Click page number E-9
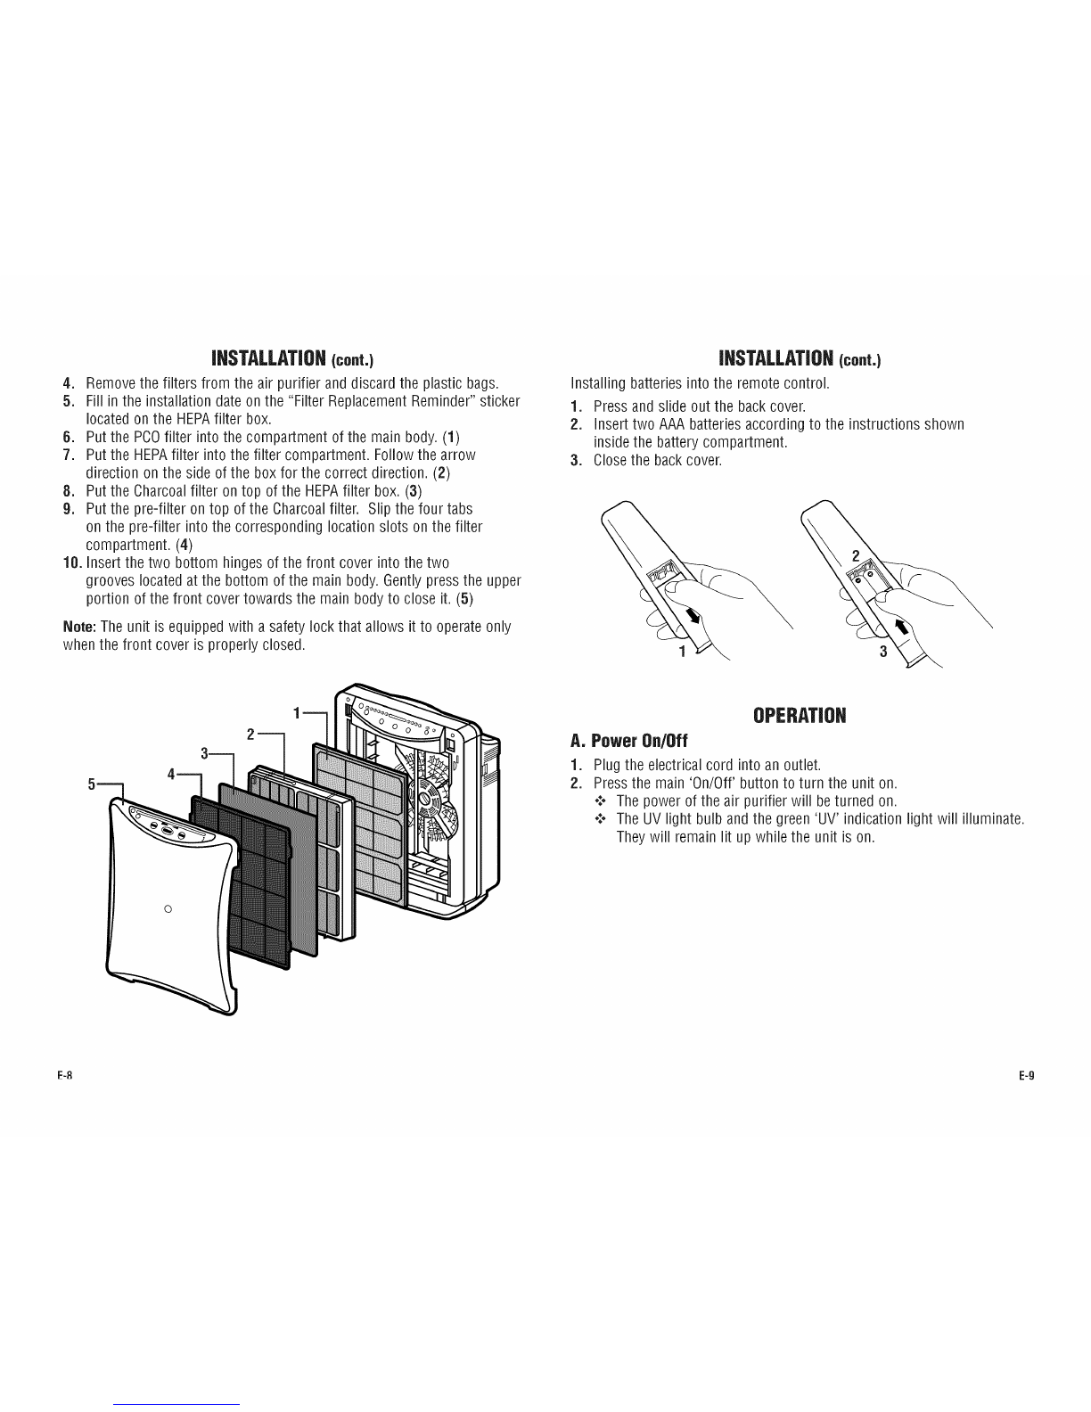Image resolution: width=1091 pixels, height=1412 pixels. pos(1026,1075)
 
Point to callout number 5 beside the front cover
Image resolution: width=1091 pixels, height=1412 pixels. pos(92,785)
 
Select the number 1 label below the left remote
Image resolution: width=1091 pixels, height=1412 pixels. pos(682,651)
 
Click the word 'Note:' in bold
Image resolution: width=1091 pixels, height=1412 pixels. pos(80,627)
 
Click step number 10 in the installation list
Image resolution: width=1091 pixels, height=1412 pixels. pos(71,562)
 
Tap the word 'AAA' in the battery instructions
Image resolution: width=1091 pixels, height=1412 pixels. pos(672,424)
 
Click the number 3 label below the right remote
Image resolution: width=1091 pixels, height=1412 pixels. pos(882,651)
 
